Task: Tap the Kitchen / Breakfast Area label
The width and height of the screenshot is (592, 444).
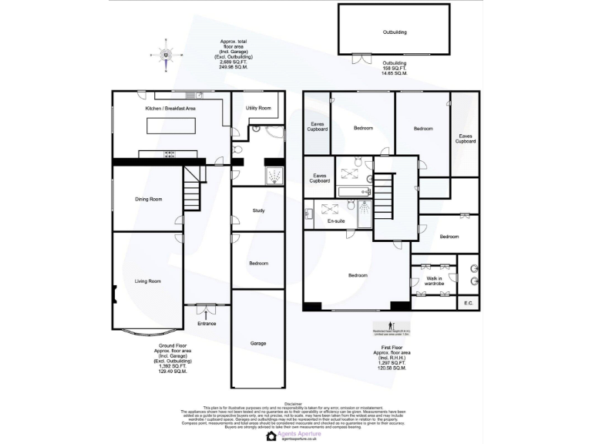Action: coord(170,109)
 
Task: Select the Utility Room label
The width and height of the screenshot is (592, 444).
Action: coord(258,108)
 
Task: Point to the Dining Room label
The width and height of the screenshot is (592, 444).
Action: coord(149,200)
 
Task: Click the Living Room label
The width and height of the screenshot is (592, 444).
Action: coord(147,281)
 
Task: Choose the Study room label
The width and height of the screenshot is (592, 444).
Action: coord(259,210)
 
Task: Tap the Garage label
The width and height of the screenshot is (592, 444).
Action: coord(258,343)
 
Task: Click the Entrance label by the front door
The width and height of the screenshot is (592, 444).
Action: coord(207,324)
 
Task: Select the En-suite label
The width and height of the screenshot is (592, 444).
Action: coord(335,221)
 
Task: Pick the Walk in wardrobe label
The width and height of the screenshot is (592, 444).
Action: coord(434,281)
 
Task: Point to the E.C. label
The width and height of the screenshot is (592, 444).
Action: coord(468,303)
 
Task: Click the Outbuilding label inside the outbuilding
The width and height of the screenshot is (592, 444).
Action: coord(395,32)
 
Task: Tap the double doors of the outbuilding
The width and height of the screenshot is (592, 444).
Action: coord(361,58)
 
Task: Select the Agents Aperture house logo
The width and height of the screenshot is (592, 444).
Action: coord(271,436)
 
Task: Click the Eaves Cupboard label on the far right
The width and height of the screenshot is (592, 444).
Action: coord(465,139)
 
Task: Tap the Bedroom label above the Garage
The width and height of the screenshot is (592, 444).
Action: coord(259,264)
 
